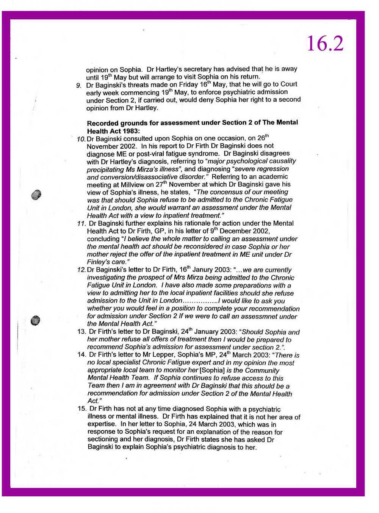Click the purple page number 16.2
coord(325,44)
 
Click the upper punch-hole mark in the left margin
coord(36,195)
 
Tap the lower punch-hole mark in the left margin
coord(36,320)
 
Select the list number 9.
coord(78,85)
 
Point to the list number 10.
coord(81,139)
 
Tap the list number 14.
coord(81,355)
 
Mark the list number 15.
coord(82,409)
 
